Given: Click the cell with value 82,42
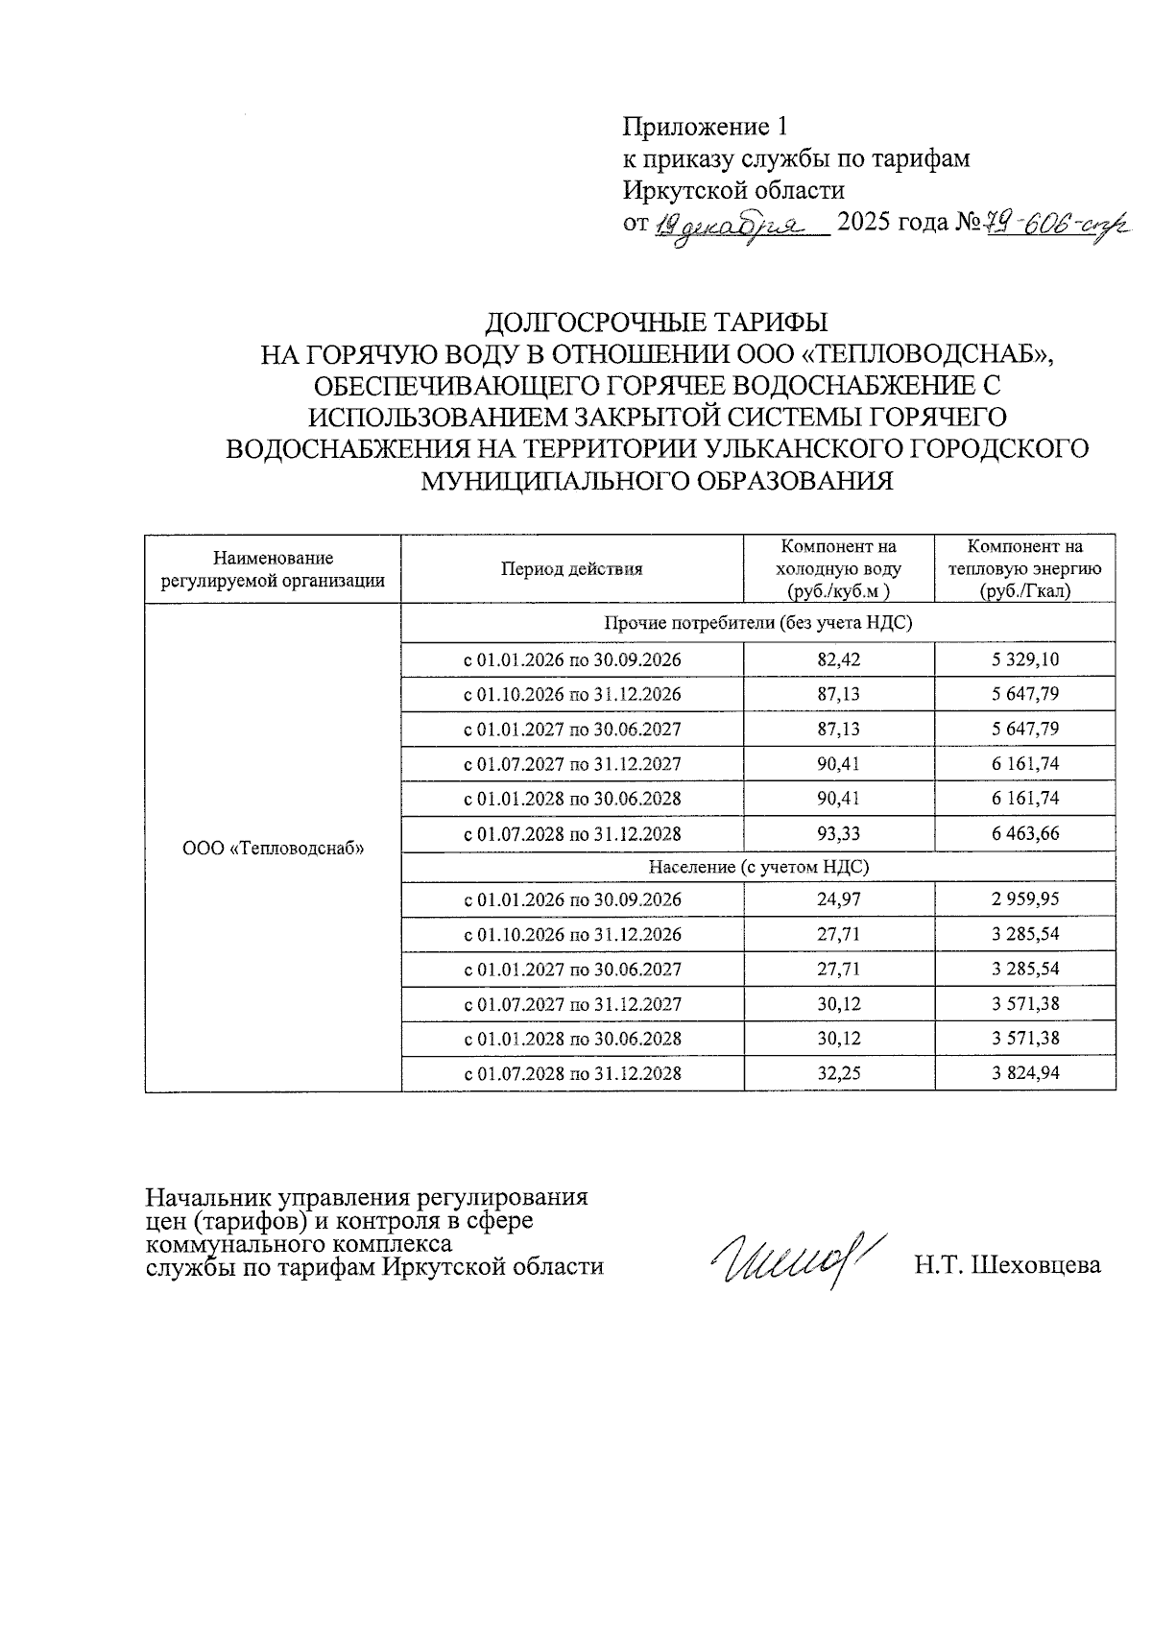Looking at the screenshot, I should tap(838, 659).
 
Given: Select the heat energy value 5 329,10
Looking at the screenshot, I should tap(1025, 659).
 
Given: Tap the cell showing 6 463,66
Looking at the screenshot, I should tap(1025, 833).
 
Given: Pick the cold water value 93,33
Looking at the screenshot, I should tap(838, 833).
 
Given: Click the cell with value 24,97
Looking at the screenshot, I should tap(838, 899).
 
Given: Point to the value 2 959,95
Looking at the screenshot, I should tap(1025, 899).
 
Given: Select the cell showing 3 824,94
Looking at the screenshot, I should tap(1025, 1073).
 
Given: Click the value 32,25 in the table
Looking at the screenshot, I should tap(838, 1073).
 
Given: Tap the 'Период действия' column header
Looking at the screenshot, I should tap(571, 569).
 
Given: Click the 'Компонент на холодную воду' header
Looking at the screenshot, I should tap(838, 569).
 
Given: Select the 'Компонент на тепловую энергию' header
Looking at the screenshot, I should tap(1024, 569).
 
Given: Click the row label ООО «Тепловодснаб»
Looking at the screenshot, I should tap(273, 848).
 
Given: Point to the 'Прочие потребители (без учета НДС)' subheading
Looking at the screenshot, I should tap(757, 623).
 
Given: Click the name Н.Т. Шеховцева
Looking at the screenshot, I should tap(1007, 1265).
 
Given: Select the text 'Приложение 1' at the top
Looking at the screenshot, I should tap(706, 127).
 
